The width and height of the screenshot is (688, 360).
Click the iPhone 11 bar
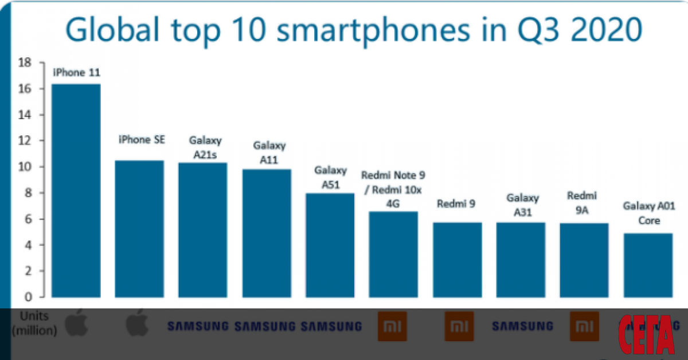[76, 190]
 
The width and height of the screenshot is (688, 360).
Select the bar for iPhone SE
[139, 229]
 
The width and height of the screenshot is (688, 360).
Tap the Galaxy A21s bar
[202, 230]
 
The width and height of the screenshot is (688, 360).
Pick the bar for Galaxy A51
[330, 245]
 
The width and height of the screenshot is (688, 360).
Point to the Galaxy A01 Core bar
[648, 265]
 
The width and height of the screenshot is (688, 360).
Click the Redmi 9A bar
[584, 260]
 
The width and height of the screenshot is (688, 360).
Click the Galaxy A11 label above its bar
[269, 153]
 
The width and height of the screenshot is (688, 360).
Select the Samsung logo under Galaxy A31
[522, 326]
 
